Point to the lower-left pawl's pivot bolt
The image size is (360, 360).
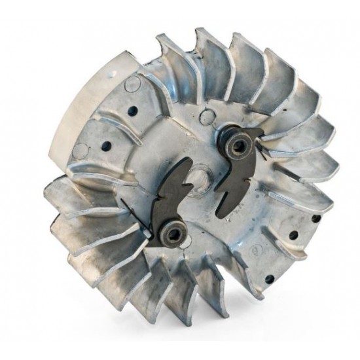click(x=173, y=232)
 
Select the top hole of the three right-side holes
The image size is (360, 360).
click(x=316, y=219)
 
